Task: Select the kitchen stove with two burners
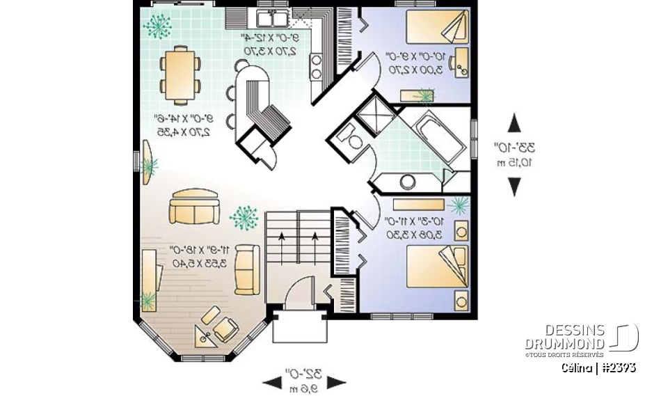(315, 65)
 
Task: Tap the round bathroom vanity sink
(407, 182)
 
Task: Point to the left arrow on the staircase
(281, 247)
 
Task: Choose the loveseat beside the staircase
(246, 270)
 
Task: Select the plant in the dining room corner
(159, 27)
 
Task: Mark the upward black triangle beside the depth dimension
(514, 123)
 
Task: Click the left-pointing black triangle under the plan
(269, 381)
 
